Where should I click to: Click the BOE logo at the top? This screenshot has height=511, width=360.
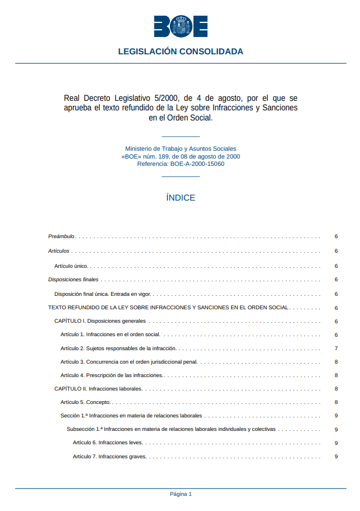click(181, 26)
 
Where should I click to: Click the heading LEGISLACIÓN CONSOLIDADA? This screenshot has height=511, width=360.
click(181, 52)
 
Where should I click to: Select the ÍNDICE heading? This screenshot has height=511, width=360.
click(181, 198)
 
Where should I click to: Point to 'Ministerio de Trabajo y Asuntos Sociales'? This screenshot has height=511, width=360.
click(181, 149)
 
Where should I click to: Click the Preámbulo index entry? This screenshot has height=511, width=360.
click(61, 236)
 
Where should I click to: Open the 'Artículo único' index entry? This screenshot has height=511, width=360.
click(71, 266)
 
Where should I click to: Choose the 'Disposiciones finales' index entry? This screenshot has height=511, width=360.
click(73, 279)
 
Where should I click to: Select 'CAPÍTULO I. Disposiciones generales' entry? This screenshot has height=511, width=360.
click(100, 321)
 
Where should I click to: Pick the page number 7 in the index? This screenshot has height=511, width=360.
click(336, 348)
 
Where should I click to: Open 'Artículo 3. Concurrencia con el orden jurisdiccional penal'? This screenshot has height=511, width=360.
click(129, 362)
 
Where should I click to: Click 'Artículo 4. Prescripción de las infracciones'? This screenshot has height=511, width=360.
click(112, 375)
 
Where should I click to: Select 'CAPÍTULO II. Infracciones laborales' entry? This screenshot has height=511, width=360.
click(98, 389)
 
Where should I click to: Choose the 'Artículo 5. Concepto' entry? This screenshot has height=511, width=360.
click(85, 402)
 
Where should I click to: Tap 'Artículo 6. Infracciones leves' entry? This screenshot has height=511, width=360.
click(108, 443)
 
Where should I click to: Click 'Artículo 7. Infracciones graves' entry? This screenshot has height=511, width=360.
click(109, 457)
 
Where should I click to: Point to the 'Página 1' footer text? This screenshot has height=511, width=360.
click(181, 494)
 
